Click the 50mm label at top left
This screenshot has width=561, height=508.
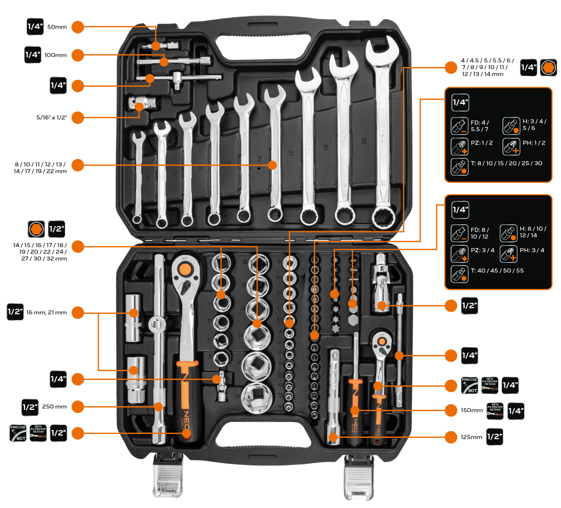(57, 26)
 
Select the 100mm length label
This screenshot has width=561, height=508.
(56, 55)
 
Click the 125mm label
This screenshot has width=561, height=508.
(471, 437)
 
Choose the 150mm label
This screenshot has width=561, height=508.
(471, 410)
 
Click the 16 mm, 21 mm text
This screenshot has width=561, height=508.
(46, 312)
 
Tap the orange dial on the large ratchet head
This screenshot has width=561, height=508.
(184, 269)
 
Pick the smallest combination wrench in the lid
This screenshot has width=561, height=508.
(138, 177)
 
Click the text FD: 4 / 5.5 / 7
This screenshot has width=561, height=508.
(480, 126)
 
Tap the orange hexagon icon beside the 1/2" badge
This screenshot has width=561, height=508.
(35, 229)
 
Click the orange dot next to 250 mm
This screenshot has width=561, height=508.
(77, 406)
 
